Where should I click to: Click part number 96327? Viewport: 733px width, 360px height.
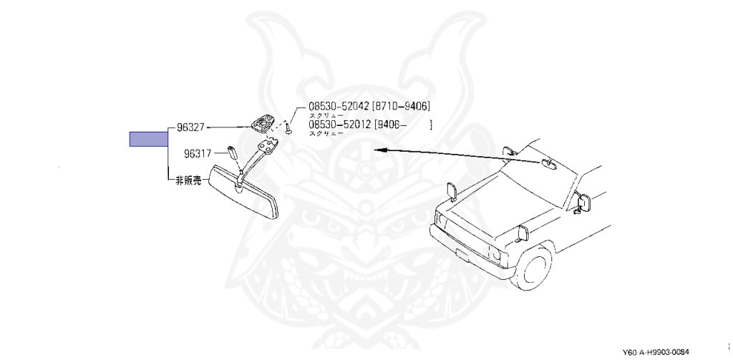pos(191,128)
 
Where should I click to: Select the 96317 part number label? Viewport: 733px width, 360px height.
pos(198,153)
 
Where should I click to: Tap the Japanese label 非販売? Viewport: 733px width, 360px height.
pos(190,181)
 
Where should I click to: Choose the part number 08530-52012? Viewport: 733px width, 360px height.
pos(339,125)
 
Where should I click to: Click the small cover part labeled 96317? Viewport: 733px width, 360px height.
pos(233,152)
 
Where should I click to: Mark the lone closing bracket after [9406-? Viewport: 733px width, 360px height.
pos(431,125)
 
